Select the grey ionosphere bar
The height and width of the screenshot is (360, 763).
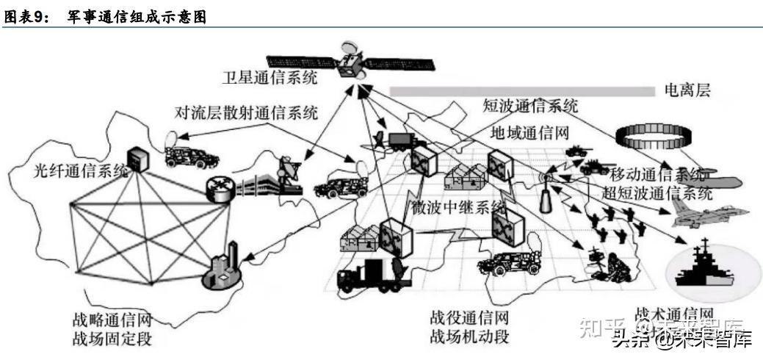tap(521, 91)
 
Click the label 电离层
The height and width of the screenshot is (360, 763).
tap(687, 90)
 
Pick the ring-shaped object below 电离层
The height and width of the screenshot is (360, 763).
tap(654, 134)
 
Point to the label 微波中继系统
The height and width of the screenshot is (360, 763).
tap(458, 204)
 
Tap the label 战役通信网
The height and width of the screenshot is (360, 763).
tap(469, 320)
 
